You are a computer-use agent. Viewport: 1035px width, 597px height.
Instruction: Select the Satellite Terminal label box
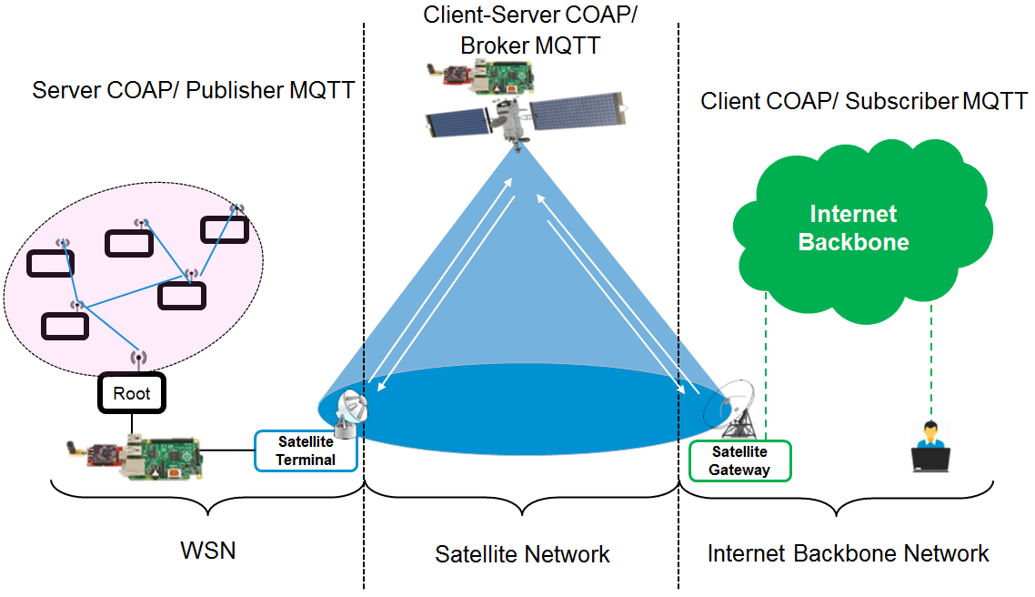tap(306, 450)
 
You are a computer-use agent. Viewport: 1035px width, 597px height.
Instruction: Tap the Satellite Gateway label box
tap(740, 460)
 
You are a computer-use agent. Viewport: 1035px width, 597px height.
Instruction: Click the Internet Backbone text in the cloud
tap(853, 228)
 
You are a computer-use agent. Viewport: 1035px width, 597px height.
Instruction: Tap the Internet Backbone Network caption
tap(848, 553)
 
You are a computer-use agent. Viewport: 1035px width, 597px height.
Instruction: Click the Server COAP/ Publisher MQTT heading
tap(193, 91)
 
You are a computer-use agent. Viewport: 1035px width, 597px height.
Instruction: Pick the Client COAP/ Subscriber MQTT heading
tap(864, 101)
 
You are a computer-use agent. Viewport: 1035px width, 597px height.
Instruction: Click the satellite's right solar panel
tap(578, 113)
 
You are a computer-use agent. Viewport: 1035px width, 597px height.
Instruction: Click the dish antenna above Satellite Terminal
tap(351, 410)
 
